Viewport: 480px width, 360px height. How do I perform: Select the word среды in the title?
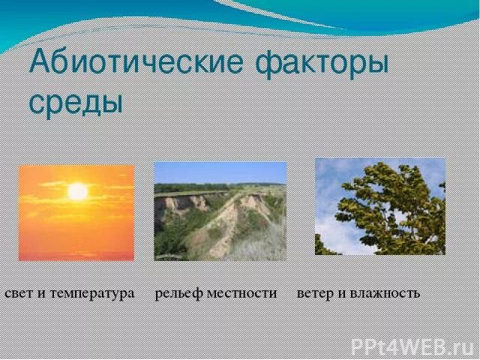(75, 101)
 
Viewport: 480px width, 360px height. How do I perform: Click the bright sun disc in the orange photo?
(77, 192)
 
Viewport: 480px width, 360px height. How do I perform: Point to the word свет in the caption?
(19, 292)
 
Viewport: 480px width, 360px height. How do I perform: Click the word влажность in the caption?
(385, 292)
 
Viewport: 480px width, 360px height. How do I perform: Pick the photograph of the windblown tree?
(379, 206)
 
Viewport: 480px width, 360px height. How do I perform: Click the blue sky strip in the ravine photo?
(220, 172)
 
